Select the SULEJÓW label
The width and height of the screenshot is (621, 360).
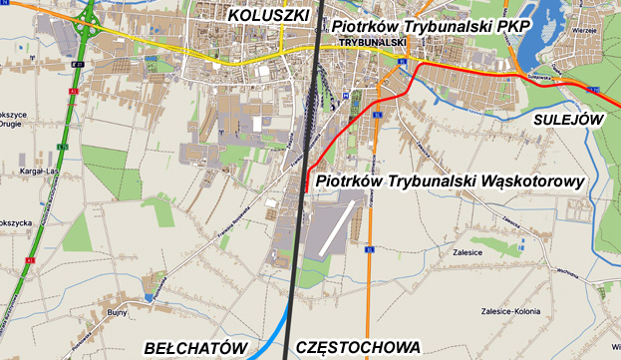point(568,119)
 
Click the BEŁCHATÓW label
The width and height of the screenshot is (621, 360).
point(194,347)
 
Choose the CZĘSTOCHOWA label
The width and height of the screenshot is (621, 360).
point(359,347)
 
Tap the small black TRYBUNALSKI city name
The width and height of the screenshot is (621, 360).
point(373,43)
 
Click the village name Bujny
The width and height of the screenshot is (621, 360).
point(117,312)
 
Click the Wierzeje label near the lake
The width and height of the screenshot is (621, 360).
point(583,30)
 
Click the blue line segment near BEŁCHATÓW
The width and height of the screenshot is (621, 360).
point(271,335)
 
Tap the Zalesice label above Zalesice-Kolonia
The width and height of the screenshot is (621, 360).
point(466,253)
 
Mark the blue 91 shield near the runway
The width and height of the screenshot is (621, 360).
point(369,250)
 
